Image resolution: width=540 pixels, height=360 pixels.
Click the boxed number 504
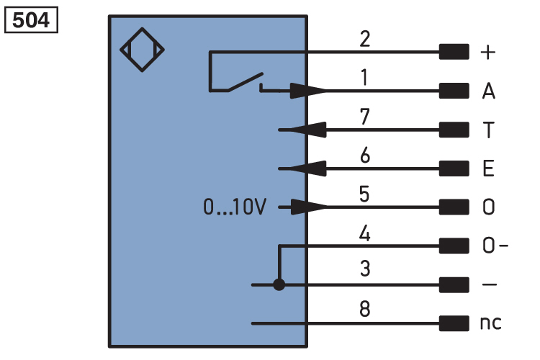coord(31,20)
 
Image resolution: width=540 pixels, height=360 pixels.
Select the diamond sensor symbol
coord(142,50)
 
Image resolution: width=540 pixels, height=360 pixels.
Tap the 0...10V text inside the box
coord(235,207)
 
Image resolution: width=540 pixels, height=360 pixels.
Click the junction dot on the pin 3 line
coord(279,285)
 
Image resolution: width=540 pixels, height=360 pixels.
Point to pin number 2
coord(365,39)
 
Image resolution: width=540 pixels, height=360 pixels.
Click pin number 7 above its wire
coord(365,117)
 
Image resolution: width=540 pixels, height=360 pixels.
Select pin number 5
coord(364,194)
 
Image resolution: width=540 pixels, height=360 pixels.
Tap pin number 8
coord(365,308)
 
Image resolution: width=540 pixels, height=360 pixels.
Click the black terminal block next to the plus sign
coord(454,52)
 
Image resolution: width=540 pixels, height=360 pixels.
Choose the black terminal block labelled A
coord(454,91)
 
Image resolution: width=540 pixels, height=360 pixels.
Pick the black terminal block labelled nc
coord(454,323)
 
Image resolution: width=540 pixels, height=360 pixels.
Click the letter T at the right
coord(488,130)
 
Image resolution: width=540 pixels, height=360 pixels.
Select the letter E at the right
coord(488,168)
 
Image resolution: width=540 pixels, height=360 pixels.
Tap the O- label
coord(495,246)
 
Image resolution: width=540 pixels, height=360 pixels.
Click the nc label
coord(491,323)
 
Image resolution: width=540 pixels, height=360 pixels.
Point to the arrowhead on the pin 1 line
coord(307,91)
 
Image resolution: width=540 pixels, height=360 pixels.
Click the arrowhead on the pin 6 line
coord(307,168)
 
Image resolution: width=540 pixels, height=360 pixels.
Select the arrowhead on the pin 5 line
coord(309,207)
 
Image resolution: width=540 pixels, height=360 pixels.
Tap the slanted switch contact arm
coord(246,82)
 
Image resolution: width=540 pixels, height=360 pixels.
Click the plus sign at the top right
coord(488,53)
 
